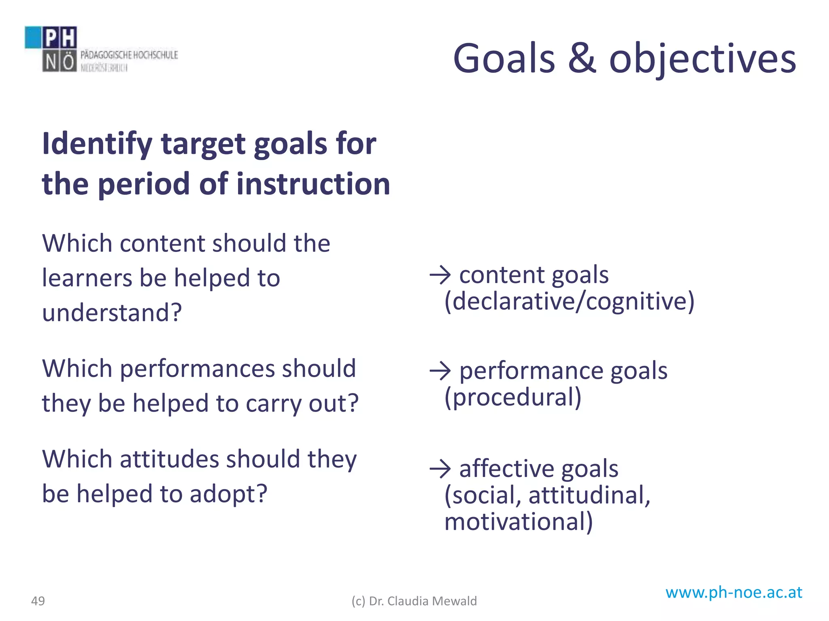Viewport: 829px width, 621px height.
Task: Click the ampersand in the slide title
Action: pyautogui.click(x=582, y=59)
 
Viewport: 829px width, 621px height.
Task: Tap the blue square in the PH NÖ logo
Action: pyautogui.click(x=33, y=37)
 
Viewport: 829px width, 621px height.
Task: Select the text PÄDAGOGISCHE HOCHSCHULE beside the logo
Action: pyautogui.click(x=129, y=55)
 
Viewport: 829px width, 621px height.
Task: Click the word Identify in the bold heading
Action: pyautogui.click(x=97, y=144)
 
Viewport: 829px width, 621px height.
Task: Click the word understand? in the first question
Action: pyautogui.click(x=112, y=313)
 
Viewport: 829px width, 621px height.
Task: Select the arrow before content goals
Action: pyautogui.click(x=440, y=275)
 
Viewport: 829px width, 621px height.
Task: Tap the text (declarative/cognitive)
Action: pyautogui.click(x=569, y=301)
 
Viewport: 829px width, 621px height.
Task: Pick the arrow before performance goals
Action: pyautogui.click(x=440, y=371)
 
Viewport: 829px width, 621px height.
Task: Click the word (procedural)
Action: pyautogui.click(x=512, y=397)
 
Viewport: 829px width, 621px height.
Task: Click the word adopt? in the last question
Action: pyautogui.click(x=229, y=494)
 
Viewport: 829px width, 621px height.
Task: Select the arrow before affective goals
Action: pyautogui.click(x=440, y=469)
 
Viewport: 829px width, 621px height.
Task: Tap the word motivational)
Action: pyautogui.click(x=518, y=522)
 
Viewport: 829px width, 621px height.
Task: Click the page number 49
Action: pyautogui.click(x=38, y=601)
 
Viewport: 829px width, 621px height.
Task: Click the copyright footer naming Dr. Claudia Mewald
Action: pyautogui.click(x=414, y=601)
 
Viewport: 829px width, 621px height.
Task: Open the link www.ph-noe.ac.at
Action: pyautogui.click(x=733, y=592)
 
